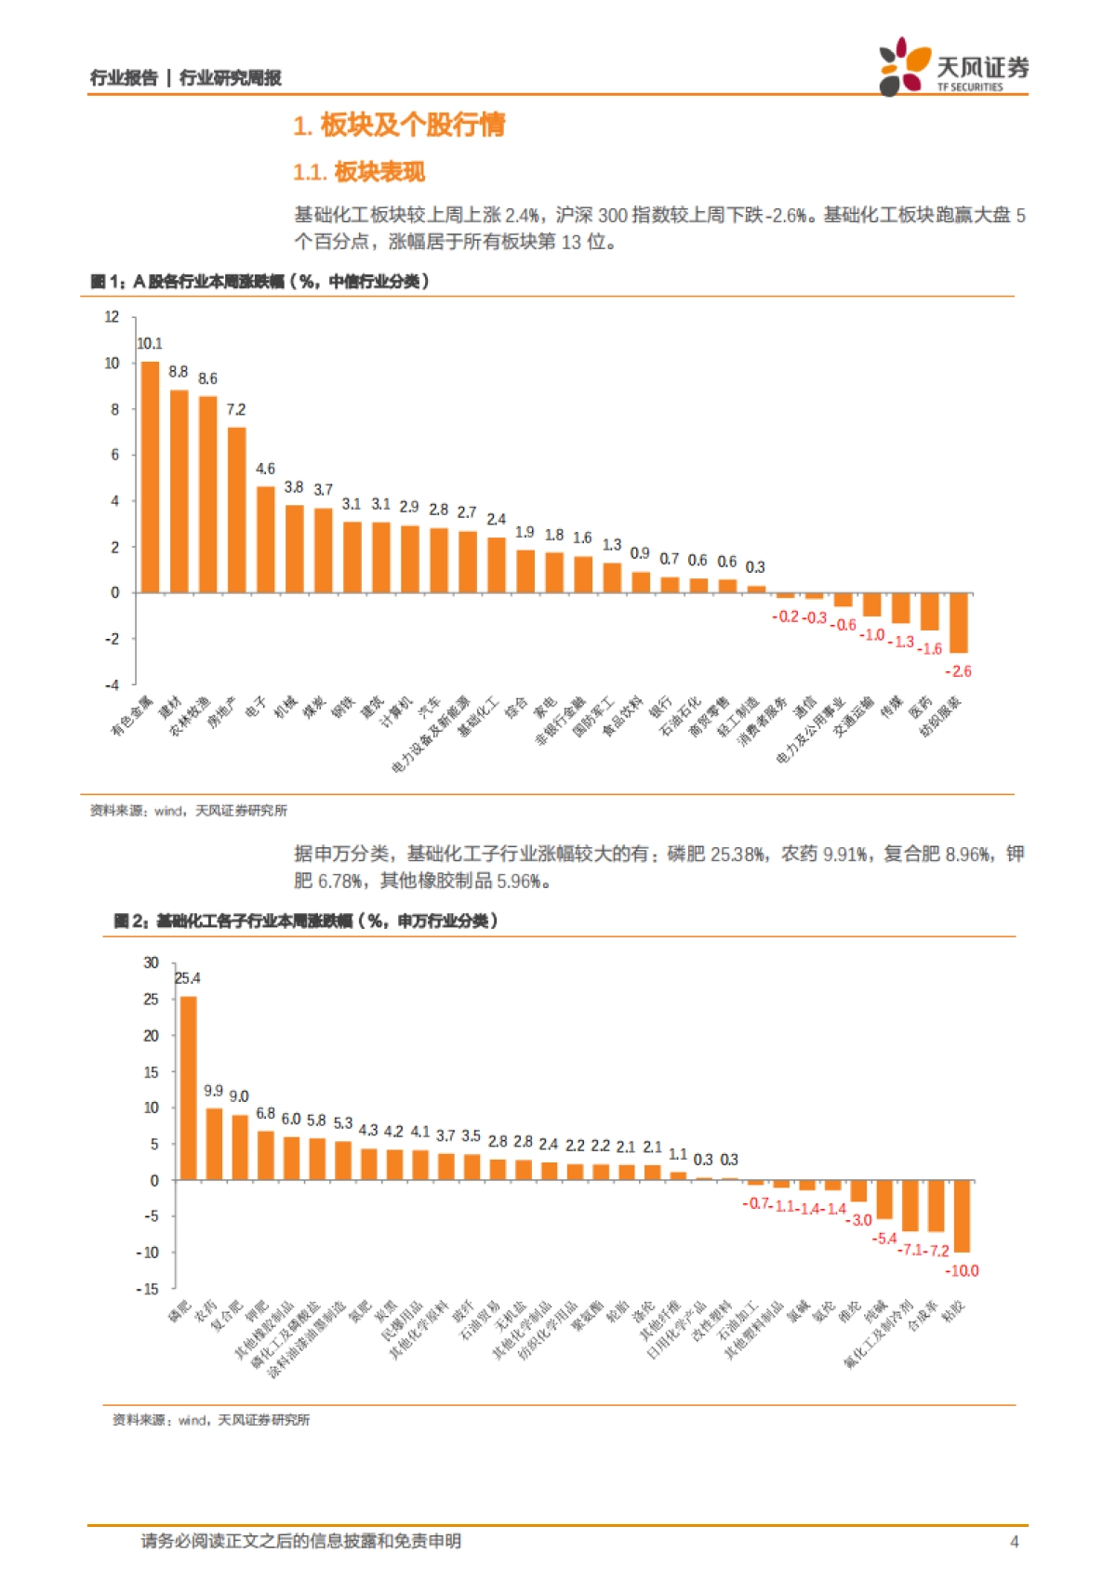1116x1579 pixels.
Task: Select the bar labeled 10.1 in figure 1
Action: click(150, 477)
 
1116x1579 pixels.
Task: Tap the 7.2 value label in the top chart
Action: click(236, 409)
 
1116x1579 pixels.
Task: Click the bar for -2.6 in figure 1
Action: click(958, 622)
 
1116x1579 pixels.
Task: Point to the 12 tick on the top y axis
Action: click(113, 317)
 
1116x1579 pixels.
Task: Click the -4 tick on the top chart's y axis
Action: click(113, 684)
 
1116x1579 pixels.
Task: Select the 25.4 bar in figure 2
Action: click(188, 1088)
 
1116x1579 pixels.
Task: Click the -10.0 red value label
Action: click(962, 1270)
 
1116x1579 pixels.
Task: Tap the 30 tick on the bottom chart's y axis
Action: click(151, 962)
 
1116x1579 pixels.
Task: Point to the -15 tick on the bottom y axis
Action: click(148, 1289)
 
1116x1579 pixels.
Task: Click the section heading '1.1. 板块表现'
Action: click(359, 172)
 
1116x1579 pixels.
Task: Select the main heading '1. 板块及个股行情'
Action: click(399, 126)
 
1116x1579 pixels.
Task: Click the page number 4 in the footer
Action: click(1014, 1542)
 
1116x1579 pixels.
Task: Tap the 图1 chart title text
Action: click(260, 281)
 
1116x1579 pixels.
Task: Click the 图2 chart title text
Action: click(306, 921)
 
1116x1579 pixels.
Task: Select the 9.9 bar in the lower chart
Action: click(214, 1144)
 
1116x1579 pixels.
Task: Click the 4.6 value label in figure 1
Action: click(265, 469)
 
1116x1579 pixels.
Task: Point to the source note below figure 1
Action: click(189, 811)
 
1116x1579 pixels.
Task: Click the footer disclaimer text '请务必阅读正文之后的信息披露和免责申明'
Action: click(300, 1542)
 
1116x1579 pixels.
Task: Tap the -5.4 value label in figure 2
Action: click(883, 1239)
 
